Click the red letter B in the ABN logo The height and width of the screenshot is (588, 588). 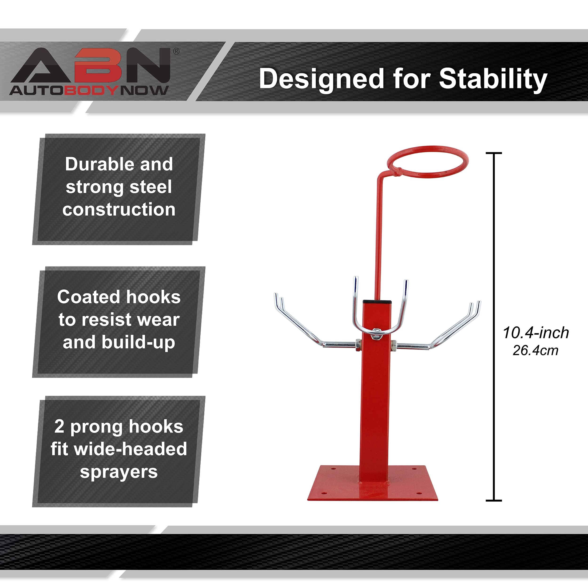pos(98,65)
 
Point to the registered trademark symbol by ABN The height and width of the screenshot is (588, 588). pos(176,52)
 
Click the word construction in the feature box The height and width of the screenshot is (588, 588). pos(119,210)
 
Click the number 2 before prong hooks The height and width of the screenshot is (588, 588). pos(59,426)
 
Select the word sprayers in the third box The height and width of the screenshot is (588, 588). pos(119,472)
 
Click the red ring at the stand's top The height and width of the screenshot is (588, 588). pos(428,162)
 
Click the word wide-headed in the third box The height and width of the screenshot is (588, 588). pos(131,449)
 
